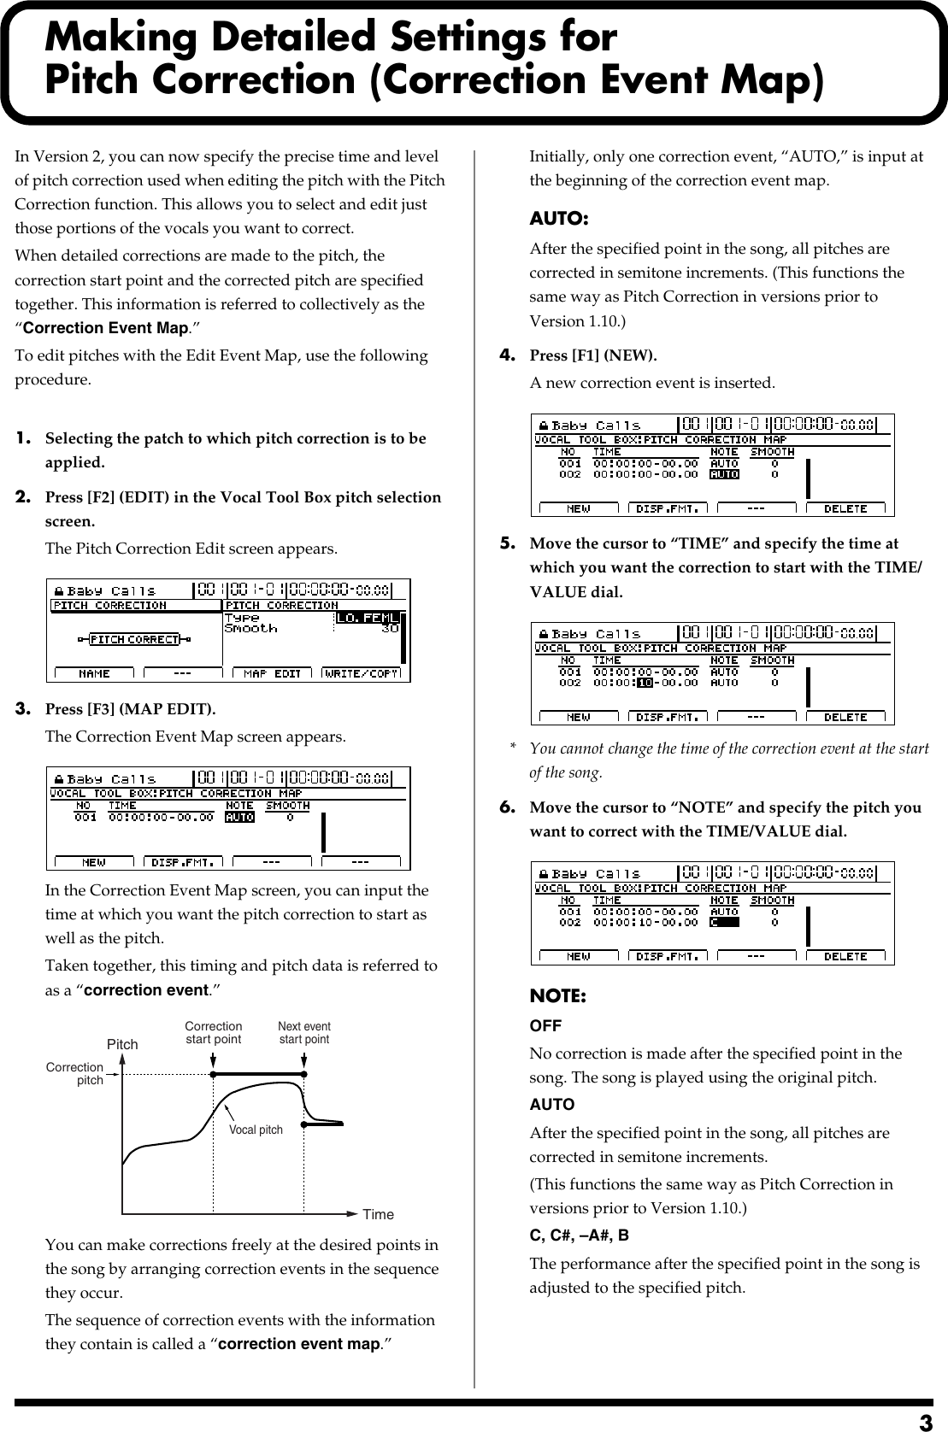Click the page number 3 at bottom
[x=926, y=1422]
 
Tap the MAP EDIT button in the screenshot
[x=273, y=673]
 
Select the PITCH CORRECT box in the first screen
[x=133, y=639]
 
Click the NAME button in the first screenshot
[x=94, y=673]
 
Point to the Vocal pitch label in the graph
[x=256, y=1130]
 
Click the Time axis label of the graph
[x=378, y=1214]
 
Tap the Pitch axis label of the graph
[x=122, y=1044]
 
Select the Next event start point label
[x=304, y=1033]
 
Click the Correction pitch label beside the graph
[x=75, y=1074]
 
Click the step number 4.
[x=507, y=354]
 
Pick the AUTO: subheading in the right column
[x=558, y=219]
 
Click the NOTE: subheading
[x=557, y=996]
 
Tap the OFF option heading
[x=545, y=1025]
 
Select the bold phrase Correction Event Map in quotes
[x=105, y=328]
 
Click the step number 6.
[x=507, y=807]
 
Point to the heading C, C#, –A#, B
[x=580, y=1235]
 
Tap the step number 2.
[x=24, y=496]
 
